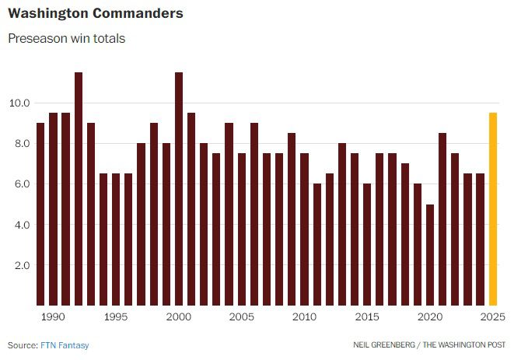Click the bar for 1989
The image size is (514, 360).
click(x=40, y=214)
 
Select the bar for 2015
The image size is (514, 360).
click(x=367, y=244)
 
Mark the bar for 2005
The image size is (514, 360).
click(x=242, y=229)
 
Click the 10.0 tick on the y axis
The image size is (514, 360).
click(x=20, y=103)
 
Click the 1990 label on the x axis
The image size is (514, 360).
click(x=53, y=317)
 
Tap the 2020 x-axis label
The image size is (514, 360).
click(x=430, y=317)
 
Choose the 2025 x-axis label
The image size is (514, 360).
click(x=492, y=317)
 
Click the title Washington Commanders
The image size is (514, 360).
click(x=96, y=14)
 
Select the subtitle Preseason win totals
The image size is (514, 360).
click(x=66, y=38)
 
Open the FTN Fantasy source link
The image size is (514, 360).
click(x=65, y=345)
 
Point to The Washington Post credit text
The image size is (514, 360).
click(x=463, y=345)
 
